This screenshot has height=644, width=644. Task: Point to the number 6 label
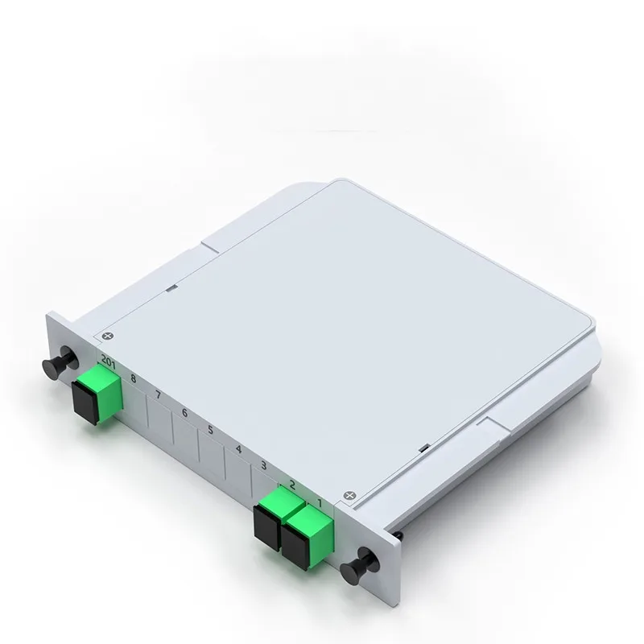(184, 412)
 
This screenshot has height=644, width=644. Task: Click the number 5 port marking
(210, 431)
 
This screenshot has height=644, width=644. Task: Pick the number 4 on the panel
(238, 449)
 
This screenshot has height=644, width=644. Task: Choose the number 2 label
(291, 485)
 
